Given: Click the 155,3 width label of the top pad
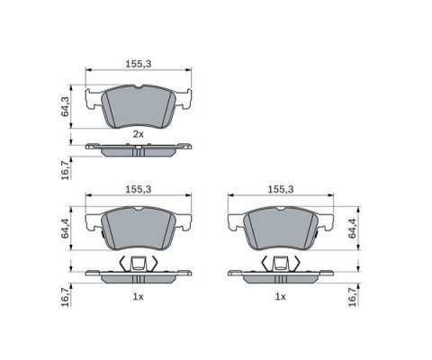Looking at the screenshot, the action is (139, 64).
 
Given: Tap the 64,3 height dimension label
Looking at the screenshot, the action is (65, 106).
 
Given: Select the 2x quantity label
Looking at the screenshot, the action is (139, 134).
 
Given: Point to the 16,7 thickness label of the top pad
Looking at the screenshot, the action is (65, 169).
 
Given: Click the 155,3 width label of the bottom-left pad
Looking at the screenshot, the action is (139, 189).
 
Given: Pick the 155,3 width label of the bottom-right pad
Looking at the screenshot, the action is (281, 189).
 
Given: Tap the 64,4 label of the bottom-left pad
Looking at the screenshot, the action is (65, 229).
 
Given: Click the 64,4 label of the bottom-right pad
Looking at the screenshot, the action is (352, 229).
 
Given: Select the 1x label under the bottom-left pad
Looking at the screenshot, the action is (139, 297).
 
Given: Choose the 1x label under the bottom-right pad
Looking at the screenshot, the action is (281, 297).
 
